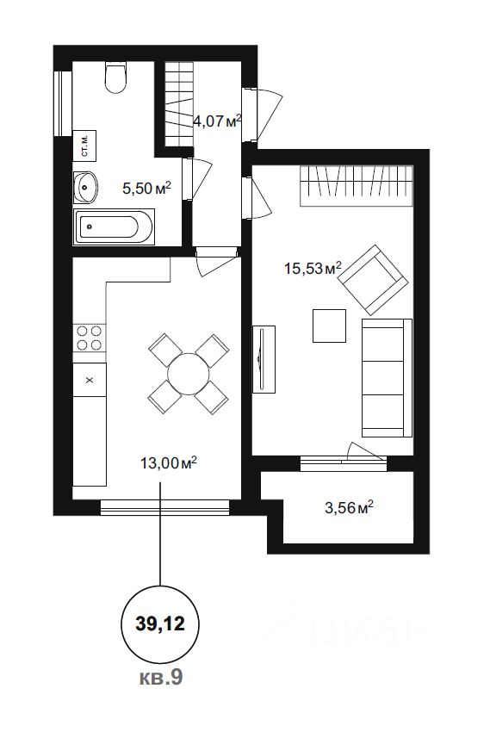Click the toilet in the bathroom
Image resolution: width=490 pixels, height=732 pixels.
115,78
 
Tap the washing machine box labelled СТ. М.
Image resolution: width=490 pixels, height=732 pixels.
84,146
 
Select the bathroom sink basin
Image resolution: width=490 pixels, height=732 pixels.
85,188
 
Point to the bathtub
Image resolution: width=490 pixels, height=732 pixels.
114,227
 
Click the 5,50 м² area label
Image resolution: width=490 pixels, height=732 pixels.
146,189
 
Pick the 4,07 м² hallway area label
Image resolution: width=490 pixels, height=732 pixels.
217,121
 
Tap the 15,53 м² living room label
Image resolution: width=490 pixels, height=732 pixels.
313,268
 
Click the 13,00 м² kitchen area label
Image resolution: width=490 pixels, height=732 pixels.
168,463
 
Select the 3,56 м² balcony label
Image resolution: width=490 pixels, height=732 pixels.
349,507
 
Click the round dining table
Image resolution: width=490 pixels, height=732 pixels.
189,374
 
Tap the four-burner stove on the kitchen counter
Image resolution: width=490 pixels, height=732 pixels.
90,338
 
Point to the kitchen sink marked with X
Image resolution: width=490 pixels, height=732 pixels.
90,380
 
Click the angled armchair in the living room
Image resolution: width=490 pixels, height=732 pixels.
373,280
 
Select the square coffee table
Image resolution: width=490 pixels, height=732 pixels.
330,326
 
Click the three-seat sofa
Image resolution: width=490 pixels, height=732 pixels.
387,378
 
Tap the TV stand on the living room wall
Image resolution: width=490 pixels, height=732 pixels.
264,359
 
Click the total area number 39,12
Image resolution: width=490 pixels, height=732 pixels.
160,623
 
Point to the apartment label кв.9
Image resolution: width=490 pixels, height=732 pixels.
161,678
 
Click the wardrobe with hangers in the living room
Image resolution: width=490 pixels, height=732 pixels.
357,185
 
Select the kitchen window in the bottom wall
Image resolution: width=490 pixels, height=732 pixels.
165,507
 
